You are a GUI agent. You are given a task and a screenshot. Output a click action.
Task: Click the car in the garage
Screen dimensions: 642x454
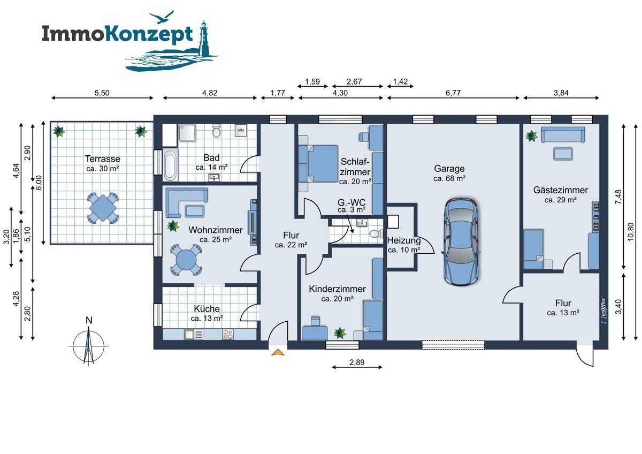coord(461,241)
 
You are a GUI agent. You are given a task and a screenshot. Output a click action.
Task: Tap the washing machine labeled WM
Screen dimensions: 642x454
coord(240,131)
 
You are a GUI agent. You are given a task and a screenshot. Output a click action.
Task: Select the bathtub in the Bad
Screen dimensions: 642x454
coord(170,165)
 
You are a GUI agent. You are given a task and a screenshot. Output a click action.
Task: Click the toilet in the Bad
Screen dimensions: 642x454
coord(216,131)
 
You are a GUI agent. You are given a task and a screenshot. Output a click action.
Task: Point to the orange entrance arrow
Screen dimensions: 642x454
coord(278,352)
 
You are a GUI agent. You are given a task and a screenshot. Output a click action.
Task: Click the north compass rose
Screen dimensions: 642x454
coord(89,346)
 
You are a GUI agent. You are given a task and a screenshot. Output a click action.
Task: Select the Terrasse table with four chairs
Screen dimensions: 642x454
coord(103,208)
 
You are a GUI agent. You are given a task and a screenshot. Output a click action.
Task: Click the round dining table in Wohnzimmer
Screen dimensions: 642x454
coord(186,260)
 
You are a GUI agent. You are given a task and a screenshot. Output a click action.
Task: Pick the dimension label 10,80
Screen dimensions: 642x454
coord(631,232)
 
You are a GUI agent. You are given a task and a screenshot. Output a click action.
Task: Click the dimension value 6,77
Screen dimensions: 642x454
coord(453,93)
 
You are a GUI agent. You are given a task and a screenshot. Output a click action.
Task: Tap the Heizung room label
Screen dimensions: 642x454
coord(404,240)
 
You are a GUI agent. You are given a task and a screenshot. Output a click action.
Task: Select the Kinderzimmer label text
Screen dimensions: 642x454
coord(337,289)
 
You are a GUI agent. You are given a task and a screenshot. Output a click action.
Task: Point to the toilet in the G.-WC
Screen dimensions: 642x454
coord(376,234)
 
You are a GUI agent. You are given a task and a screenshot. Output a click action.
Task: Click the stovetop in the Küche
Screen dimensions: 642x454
coord(228,334)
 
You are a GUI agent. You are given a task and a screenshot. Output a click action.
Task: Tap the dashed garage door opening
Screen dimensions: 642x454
coord(453,345)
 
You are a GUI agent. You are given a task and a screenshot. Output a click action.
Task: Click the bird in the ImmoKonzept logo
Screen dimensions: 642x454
coord(162,17)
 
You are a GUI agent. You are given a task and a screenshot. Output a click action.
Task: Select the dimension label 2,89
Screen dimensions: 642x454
coord(357,362)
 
